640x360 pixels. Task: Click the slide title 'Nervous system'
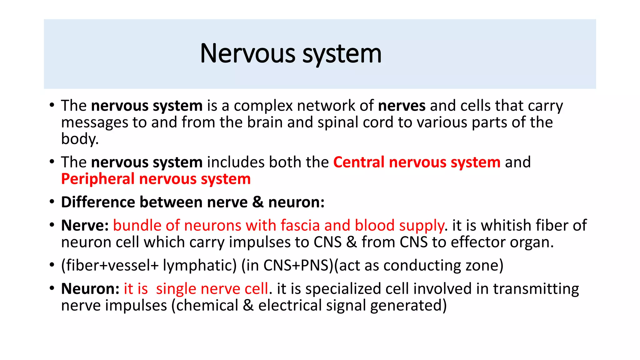(x=291, y=54)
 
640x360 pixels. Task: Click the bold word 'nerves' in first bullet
(x=402, y=106)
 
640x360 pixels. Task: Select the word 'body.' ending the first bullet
(x=80, y=139)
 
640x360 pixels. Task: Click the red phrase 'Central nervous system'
(x=417, y=162)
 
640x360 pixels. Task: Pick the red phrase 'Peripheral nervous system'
(x=156, y=179)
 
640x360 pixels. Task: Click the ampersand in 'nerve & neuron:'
(x=258, y=202)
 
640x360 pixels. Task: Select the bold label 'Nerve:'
(x=85, y=226)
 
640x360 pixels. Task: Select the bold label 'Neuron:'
(x=90, y=289)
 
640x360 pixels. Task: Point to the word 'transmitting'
(x=536, y=289)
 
